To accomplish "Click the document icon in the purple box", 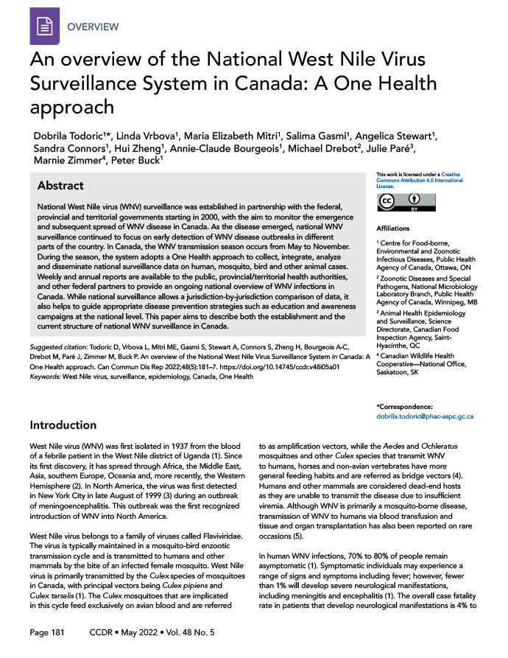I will point(43,27).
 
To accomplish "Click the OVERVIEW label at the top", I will point(93,27).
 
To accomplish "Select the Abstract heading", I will point(60,186).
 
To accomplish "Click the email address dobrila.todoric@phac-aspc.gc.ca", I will point(424,416).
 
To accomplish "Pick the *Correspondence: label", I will point(405,406).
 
